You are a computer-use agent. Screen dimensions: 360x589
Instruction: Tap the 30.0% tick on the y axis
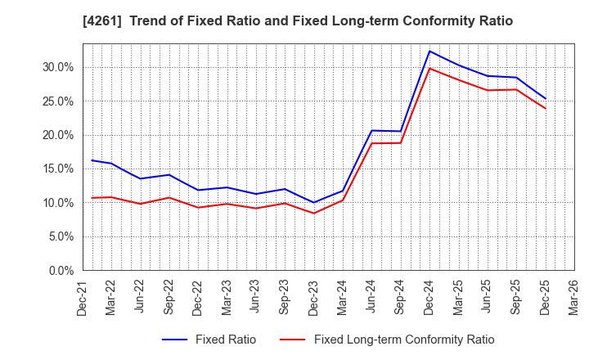click(x=57, y=67)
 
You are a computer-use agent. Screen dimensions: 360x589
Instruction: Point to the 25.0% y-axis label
click(x=57, y=101)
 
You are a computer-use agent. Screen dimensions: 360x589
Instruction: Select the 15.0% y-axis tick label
click(x=57, y=169)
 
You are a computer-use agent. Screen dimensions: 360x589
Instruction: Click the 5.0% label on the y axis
click(x=61, y=236)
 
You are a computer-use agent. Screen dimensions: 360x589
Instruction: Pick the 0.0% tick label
click(x=61, y=270)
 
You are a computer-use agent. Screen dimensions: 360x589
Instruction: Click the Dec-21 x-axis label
click(x=82, y=296)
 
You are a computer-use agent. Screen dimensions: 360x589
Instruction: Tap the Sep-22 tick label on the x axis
click(x=169, y=296)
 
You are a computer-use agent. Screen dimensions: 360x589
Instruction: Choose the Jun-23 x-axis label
click(x=255, y=296)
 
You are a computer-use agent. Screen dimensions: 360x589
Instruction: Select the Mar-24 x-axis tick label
click(x=342, y=296)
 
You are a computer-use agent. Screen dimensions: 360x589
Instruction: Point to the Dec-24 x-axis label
click(x=429, y=296)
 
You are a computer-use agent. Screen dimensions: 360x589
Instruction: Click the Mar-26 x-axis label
click(x=573, y=296)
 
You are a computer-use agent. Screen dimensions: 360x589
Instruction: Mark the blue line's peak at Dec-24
click(x=429, y=51)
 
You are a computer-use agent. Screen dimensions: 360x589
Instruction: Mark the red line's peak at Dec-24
click(x=429, y=68)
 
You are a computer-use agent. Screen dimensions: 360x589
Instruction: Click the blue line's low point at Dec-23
click(x=314, y=202)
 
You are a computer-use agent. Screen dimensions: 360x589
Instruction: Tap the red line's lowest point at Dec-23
click(x=314, y=214)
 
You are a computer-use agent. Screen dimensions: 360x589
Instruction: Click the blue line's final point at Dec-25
click(x=546, y=99)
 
